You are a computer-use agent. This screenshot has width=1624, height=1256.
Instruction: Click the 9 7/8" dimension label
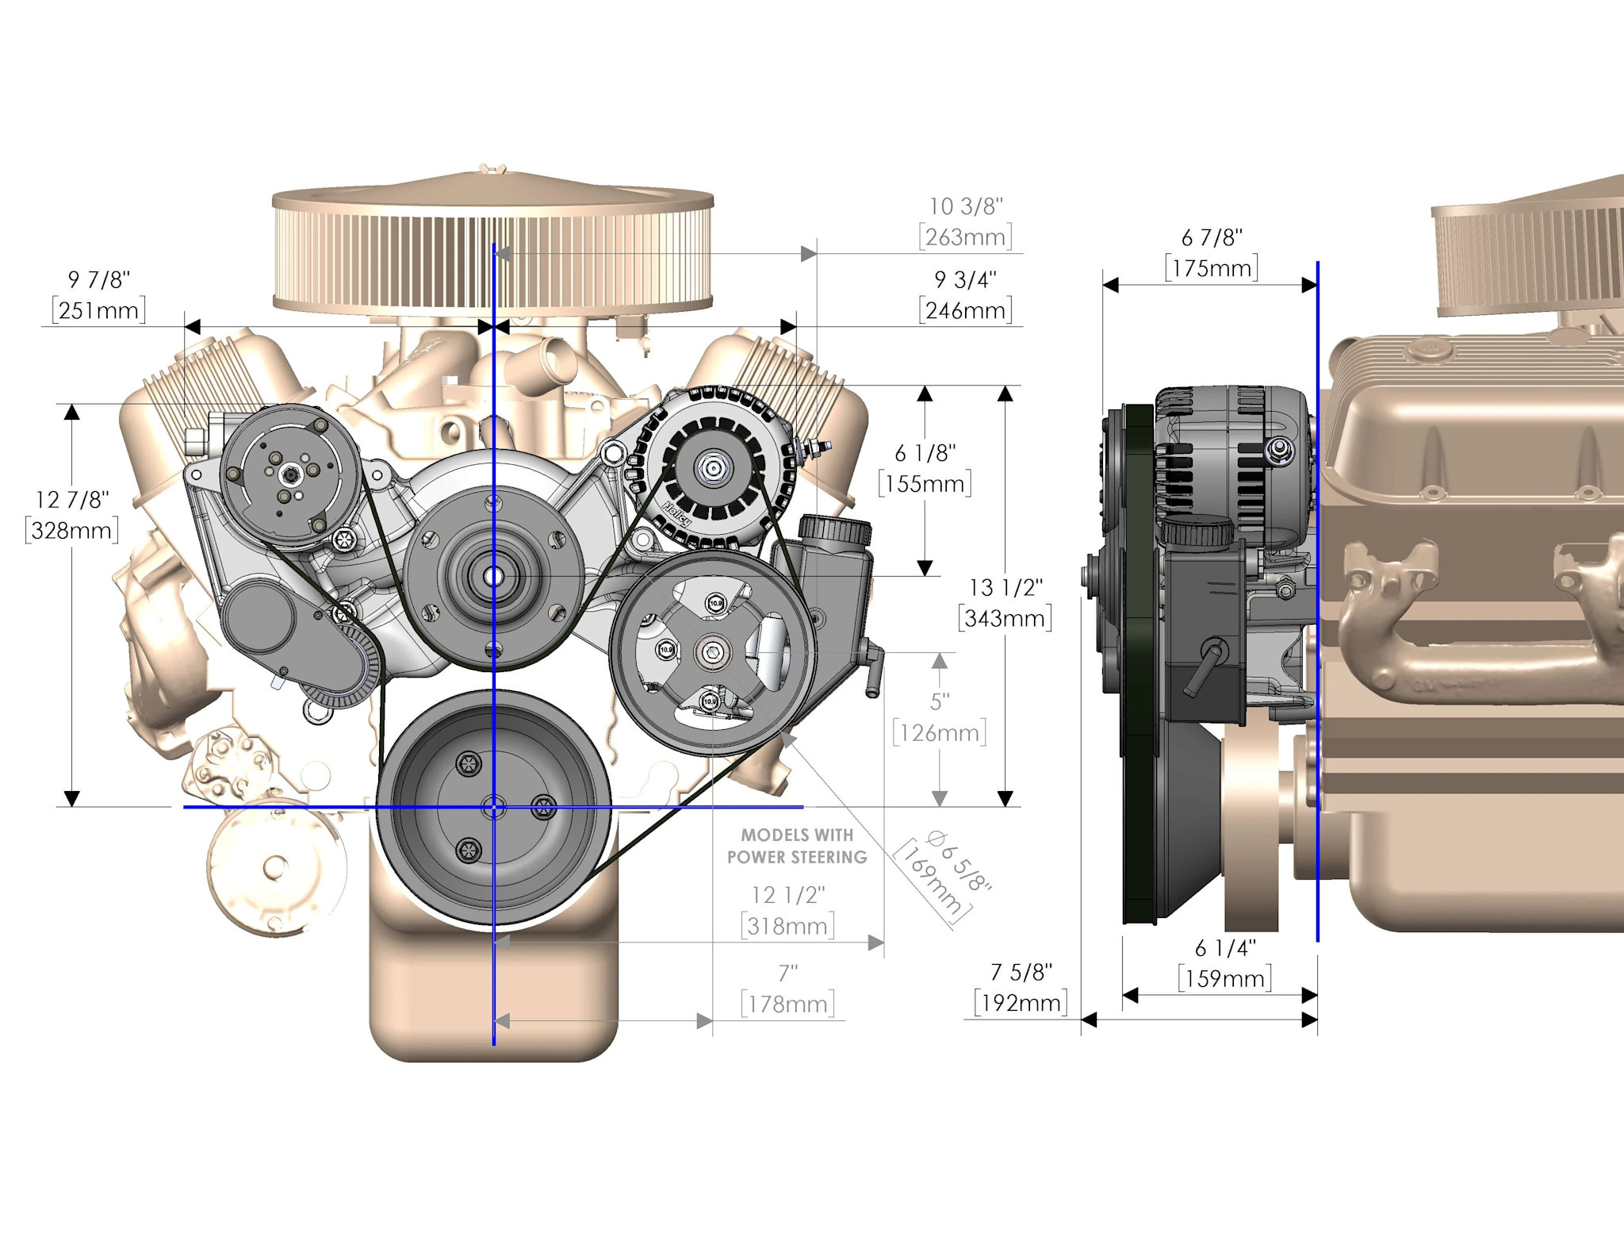coord(99,279)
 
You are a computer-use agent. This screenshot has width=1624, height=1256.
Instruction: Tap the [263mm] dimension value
coord(966,236)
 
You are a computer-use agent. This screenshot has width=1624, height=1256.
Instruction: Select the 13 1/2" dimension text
coord(1005,587)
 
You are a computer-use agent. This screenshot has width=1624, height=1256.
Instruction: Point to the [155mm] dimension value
coord(925,483)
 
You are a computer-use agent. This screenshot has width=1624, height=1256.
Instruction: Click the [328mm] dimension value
coord(72,530)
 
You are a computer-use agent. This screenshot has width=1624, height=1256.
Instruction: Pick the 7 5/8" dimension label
coord(1021,972)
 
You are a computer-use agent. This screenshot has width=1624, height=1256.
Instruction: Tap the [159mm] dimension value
coord(1225,978)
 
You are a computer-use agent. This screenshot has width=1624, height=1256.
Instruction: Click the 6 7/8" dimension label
coord(1212,237)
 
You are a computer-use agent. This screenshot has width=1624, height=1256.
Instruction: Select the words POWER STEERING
coord(797,857)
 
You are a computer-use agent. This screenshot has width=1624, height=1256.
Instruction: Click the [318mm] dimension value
coord(788,926)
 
